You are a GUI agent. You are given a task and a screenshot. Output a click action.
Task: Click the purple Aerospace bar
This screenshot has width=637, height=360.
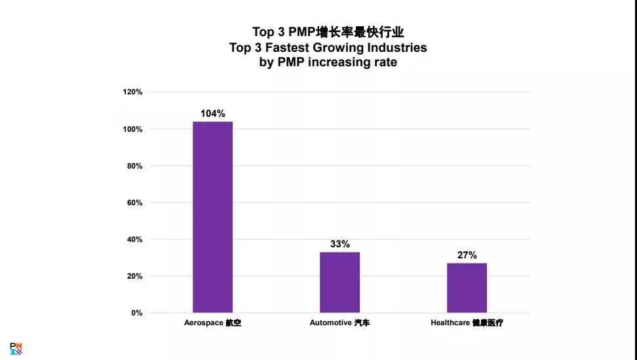point(212,217)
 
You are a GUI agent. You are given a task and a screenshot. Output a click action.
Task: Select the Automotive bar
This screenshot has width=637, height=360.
point(339,282)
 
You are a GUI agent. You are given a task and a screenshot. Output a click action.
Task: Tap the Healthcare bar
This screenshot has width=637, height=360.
point(467,288)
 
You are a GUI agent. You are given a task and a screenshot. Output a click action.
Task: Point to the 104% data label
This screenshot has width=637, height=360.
point(212,113)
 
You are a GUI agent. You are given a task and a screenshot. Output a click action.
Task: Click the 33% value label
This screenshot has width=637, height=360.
point(339,244)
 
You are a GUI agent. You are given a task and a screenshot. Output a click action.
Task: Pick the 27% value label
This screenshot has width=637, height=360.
point(467,255)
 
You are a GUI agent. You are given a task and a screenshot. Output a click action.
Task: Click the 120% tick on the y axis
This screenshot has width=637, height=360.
point(132,92)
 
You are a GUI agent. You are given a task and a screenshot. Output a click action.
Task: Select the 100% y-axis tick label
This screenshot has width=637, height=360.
point(132,129)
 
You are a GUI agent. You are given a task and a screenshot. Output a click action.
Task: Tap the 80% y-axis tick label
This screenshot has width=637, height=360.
point(134,166)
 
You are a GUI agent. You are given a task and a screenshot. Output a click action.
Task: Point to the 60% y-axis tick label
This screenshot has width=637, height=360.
point(134,203)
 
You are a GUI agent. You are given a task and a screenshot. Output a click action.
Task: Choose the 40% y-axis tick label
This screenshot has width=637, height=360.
point(134,239)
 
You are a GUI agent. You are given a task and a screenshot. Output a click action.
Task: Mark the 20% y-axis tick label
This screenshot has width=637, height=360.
point(134,276)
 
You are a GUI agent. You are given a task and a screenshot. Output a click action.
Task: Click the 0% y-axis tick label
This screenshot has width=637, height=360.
point(136,313)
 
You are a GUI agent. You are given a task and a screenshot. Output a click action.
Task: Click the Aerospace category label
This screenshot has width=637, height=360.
point(212,323)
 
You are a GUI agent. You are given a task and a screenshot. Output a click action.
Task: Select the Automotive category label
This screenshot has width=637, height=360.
point(339,323)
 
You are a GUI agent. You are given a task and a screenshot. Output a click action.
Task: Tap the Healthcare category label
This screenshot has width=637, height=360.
point(467,323)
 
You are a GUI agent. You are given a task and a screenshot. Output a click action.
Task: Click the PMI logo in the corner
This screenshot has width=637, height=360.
point(16,348)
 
